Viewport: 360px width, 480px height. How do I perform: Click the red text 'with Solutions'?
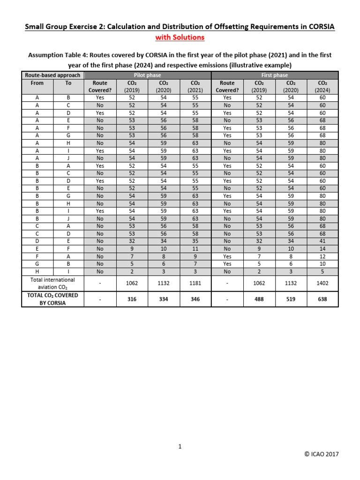tap(180, 37)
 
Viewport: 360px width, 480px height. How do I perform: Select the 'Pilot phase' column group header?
tap(148, 75)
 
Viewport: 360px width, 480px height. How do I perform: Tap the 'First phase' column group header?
tap(275, 75)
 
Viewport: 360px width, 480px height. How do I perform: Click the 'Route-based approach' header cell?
tap(52, 75)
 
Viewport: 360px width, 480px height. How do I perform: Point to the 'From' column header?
tap(37, 83)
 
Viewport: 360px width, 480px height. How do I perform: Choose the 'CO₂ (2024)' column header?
tap(322, 87)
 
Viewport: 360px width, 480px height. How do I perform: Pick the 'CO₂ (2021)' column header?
tap(195, 87)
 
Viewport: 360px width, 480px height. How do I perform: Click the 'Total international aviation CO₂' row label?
tap(52, 283)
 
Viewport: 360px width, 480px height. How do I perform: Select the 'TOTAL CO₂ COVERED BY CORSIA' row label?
tap(52, 299)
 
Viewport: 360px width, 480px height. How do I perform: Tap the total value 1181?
tap(195, 283)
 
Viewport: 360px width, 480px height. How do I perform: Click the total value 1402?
tap(322, 283)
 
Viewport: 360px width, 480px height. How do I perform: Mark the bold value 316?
tap(132, 299)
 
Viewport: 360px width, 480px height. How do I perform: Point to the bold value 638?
tap(322, 299)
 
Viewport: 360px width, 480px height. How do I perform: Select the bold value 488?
tap(259, 299)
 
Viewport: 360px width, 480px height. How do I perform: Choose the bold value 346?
tap(195, 299)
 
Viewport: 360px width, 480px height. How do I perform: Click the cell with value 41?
tap(322, 241)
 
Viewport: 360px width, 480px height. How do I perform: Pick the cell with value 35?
tap(195, 241)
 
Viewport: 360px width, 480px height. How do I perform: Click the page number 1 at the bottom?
tap(180, 447)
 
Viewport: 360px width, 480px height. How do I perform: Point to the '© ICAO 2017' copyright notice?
tap(321, 454)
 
